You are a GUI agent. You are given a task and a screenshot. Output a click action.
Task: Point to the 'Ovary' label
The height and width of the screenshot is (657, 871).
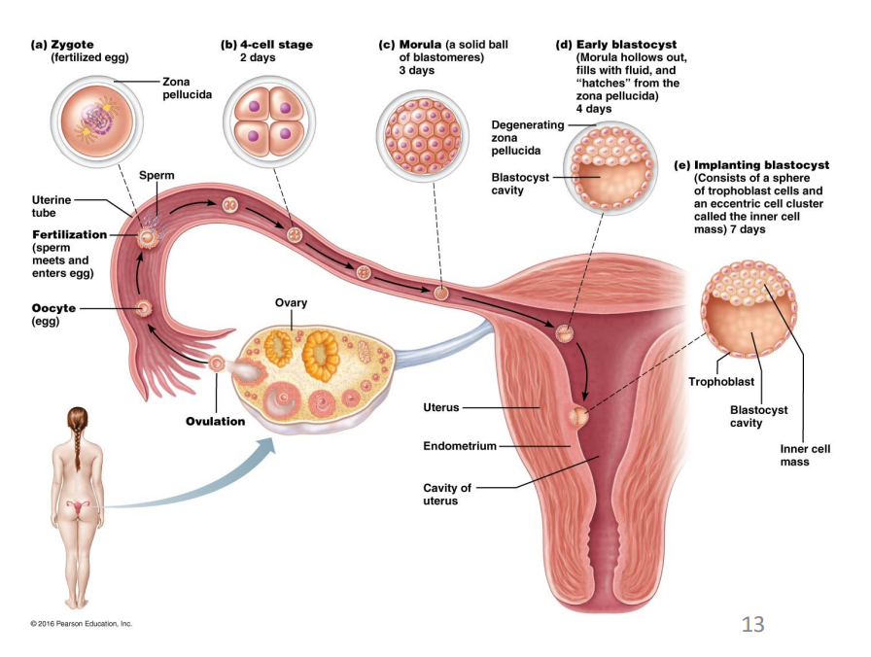[291, 303]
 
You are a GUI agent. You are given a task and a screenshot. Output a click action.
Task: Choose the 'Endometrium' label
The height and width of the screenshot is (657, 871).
[460, 446]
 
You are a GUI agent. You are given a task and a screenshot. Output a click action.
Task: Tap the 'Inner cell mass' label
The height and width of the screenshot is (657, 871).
[806, 455]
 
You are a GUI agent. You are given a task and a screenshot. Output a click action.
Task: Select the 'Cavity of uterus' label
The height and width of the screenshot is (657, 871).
[447, 494]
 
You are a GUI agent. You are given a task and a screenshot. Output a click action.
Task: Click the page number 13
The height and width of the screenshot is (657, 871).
[752, 623]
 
